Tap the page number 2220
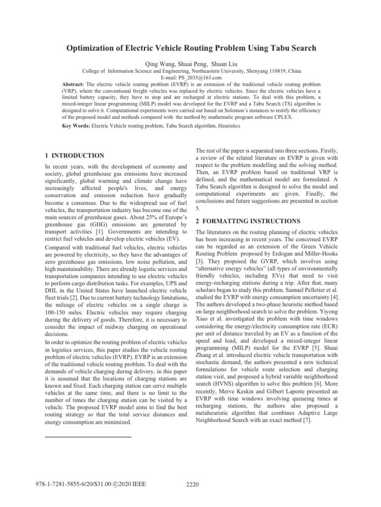(190, 485)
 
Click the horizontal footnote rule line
(88, 437)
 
